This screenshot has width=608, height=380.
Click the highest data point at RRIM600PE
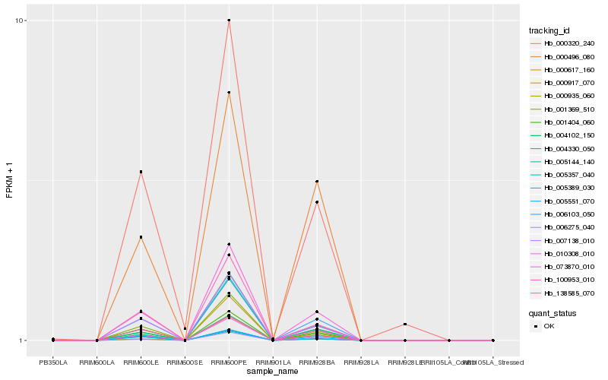pyautogui.click(x=229, y=20)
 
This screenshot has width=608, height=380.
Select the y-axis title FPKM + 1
pyautogui.click(x=10, y=181)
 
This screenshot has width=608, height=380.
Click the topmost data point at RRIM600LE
pyautogui.click(x=141, y=172)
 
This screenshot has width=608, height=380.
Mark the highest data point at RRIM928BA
pyautogui.click(x=317, y=182)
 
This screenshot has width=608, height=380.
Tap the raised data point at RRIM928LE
pyautogui.click(x=405, y=325)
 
